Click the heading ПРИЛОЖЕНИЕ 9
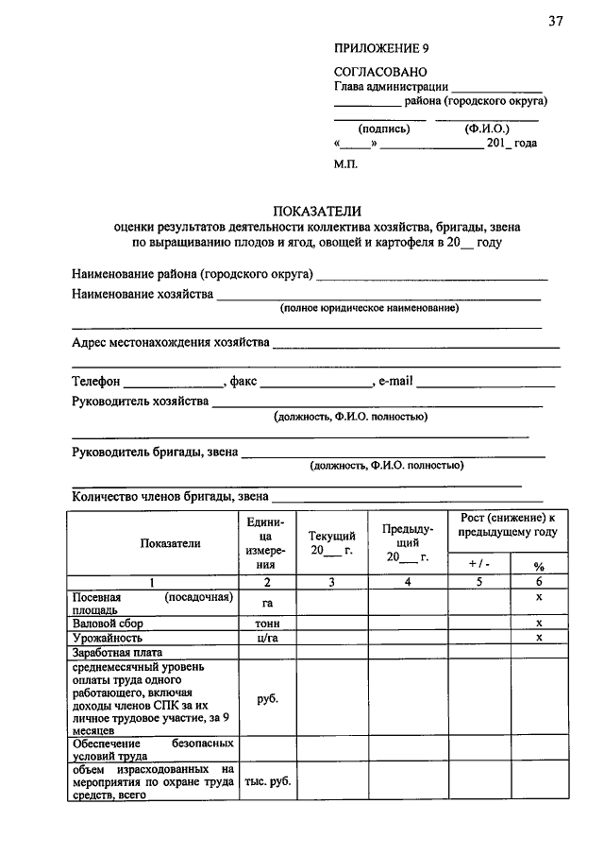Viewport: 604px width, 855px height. (x=382, y=48)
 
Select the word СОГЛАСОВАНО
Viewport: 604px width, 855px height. (x=381, y=72)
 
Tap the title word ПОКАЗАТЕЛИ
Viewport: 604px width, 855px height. (x=318, y=211)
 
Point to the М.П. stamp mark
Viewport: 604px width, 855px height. (x=345, y=163)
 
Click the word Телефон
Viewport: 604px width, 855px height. (x=96, y=382)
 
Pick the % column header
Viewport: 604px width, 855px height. (x=539, y=567)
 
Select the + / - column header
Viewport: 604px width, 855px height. (x=478, y=564)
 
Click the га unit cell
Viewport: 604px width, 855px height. (x=266, y=603)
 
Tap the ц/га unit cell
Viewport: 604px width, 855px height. (x=266, y=639)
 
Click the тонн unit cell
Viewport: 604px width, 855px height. (x=266, y=624)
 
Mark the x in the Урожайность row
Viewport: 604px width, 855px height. (x=539, y=639)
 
